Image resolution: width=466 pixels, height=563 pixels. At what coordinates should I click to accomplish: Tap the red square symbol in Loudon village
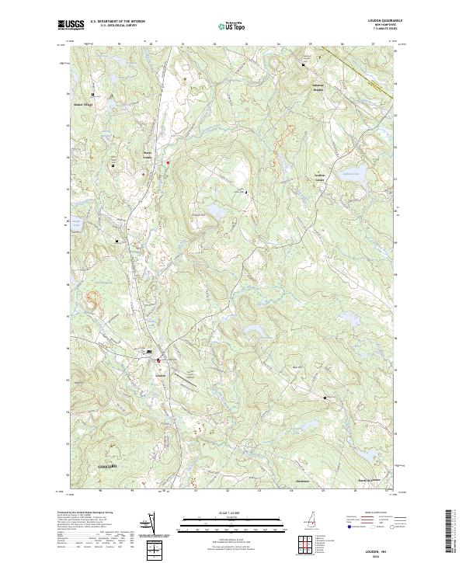[x=159, y=360]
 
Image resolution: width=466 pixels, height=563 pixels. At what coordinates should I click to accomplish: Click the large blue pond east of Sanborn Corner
[x=353, y=176]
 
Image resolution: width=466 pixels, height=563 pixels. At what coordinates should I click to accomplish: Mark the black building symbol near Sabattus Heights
[x=304, y=64]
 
